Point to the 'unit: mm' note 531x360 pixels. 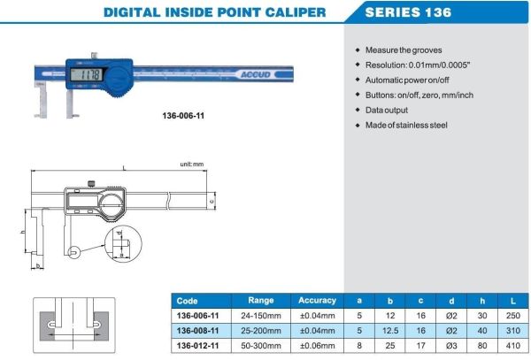192,165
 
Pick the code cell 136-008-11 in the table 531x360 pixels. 199,330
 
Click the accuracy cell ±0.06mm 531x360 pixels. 317,345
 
